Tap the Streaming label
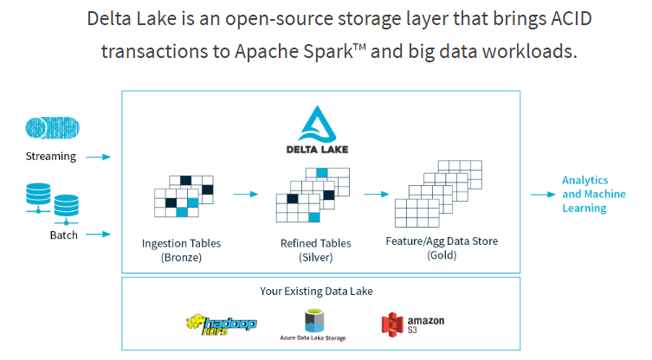pos(51,157)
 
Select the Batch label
pos(63,235)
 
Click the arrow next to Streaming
pos(100,157)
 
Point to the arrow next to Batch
pos(100,234)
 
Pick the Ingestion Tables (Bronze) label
pos(181,250)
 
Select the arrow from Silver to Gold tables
pos(375,195)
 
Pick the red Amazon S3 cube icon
pos(394,325)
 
